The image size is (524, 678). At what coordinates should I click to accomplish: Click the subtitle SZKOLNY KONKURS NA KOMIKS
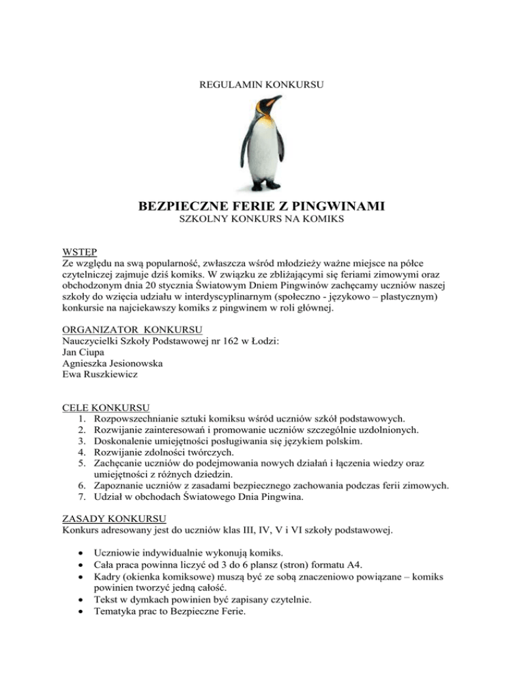pos(261,221)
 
